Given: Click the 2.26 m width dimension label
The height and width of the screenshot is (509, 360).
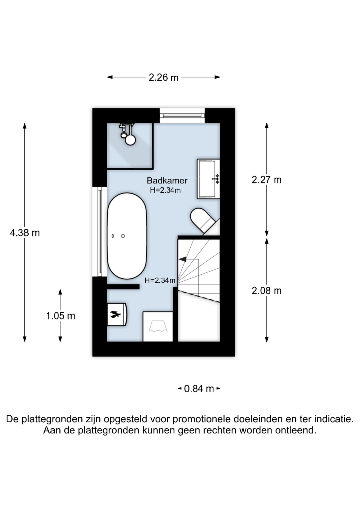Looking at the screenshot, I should (163, 77).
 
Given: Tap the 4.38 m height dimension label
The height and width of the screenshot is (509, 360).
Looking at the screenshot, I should (25, 233).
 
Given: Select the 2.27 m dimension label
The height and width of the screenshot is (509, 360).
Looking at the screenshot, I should (266, 180).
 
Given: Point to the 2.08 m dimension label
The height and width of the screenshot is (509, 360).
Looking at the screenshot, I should (266, 291).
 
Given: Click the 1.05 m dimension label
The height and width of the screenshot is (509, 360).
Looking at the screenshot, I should (60, 316).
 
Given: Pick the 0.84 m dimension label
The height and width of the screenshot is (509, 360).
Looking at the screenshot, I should (199, 389).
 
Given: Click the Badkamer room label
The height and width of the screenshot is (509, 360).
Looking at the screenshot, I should (167, 181).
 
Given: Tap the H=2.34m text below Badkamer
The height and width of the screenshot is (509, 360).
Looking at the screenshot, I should (165, 190).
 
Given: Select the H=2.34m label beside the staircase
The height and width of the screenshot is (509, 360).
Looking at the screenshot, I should (160, 280).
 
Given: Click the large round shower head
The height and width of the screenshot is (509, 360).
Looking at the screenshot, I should (130, 140).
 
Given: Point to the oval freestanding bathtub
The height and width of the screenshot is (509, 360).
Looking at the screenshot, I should (127, 236).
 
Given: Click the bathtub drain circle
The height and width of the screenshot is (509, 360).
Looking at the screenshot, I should (123, 236).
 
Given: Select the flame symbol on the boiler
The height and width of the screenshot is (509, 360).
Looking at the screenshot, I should (115, 314).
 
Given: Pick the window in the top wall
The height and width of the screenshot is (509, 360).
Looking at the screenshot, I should (182, 116).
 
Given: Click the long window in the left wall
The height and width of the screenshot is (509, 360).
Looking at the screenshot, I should (99, 231).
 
